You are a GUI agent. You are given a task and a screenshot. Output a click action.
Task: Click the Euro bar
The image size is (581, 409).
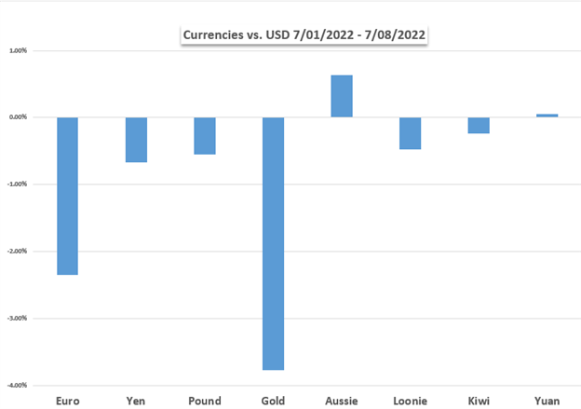pyautogui.click(x=67, y=196)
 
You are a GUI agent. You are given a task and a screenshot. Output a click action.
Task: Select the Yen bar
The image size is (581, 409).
pyautogui.click(x=136, y=140)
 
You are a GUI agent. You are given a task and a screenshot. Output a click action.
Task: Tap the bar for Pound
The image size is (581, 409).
pyautogui.click(x=205, y=136)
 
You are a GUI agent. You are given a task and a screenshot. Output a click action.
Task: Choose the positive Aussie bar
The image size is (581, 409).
pyautogui.click(x=342, y=96)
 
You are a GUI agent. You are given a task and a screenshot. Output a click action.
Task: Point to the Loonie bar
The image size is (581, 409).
pyautogui.click(x=411, y=133)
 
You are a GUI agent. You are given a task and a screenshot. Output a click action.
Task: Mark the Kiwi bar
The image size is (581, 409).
pyautogui.click(x=479, y=126)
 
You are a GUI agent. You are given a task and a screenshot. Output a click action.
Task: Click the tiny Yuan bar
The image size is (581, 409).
pyautogui.click(x=547, y=116)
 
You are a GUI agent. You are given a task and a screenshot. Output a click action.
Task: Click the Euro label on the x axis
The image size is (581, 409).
pyautogui.click(x=68, y=401)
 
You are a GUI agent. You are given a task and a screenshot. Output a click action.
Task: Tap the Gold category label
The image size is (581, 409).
pyautogui.click(x=273, y=401)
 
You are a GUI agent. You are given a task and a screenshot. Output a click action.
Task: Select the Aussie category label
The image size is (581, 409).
pyautogui.click(x=342, y=401)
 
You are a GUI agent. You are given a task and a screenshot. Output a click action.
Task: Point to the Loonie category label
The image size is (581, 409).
pyautogui.click(x=411, y=401)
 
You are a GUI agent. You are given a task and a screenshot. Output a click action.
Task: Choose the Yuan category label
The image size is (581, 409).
pyautogui.click(x=547, y=401)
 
